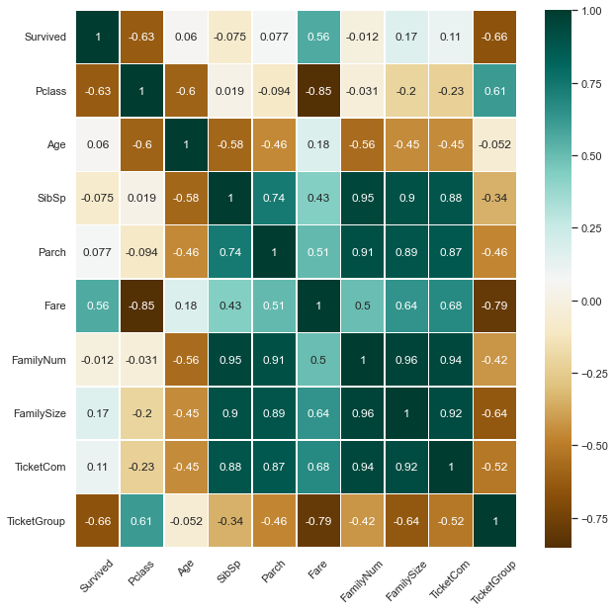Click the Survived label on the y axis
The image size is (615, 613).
click(45, 38)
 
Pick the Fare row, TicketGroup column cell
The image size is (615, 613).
click(494, 306)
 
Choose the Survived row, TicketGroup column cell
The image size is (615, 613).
click(494, 38)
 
